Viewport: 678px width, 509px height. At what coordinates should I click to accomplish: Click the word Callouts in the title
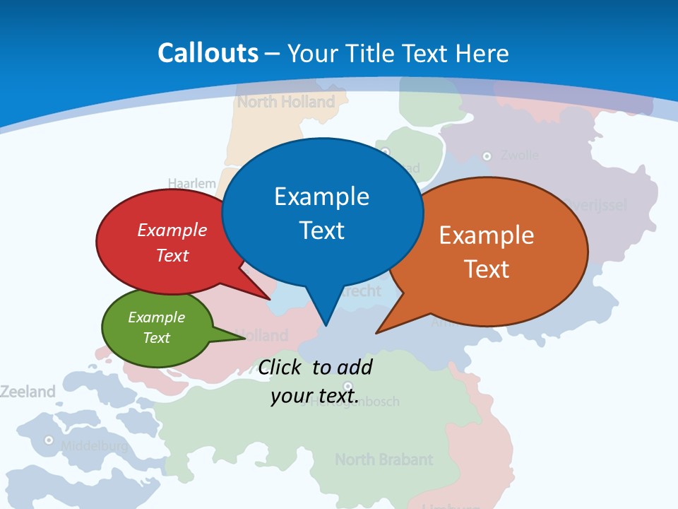click(208, 53)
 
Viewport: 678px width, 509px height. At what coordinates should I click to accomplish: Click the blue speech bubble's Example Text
click(322, 213)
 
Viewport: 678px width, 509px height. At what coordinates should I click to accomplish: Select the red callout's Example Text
click(172, 242)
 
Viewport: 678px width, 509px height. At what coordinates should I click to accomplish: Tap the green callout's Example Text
click(157, 327)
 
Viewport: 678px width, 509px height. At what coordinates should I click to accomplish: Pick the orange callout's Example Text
click(487, 252)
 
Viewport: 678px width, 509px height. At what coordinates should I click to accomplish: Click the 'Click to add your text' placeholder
click(315, 382)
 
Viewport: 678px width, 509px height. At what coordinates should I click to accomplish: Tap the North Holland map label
click(286, 102)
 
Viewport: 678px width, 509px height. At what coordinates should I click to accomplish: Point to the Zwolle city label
click(519, 155)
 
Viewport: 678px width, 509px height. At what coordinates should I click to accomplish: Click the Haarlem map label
click(192, 183)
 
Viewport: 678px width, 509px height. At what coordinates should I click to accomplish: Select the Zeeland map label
click(28, 391)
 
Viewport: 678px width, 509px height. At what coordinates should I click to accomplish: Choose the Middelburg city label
click(94, 446)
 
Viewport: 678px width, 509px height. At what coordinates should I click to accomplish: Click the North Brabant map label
click(383, 460)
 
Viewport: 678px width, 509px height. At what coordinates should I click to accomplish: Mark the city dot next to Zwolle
click(487, 156)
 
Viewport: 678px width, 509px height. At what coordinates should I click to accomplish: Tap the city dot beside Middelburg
click(49, 440)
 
